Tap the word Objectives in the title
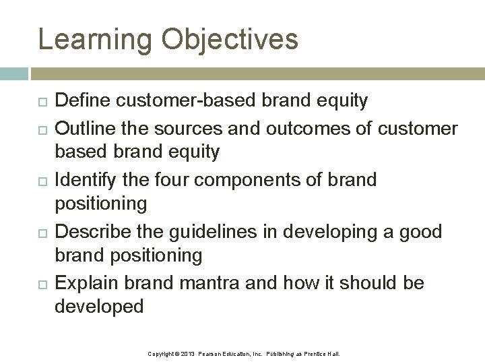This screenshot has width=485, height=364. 230,39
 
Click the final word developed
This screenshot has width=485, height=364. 99,307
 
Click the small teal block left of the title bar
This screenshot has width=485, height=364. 13,73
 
